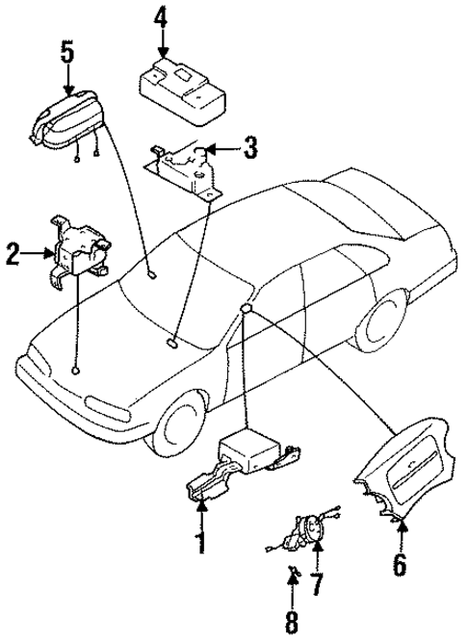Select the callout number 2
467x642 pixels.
[13, 255]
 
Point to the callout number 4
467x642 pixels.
[162, 17]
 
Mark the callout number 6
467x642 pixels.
[399, 563]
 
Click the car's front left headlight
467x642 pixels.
[42, 369]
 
